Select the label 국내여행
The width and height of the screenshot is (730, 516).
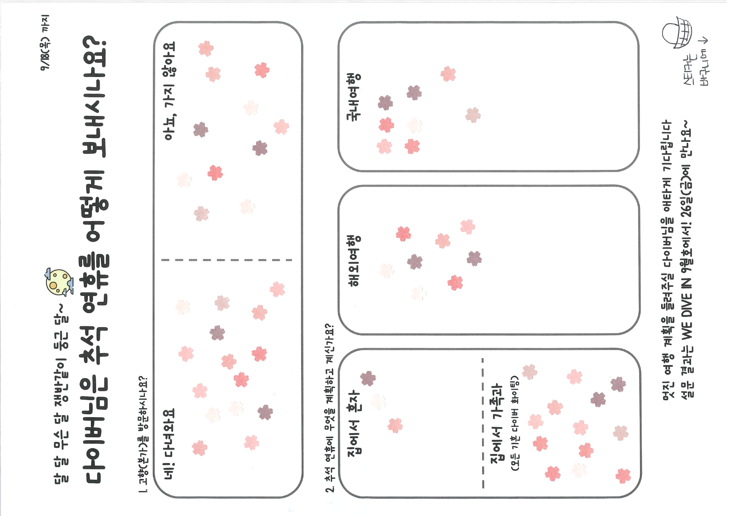(x=354, y=97)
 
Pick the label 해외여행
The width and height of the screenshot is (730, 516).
(x=355, y=261)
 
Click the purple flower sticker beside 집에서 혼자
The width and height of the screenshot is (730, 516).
(x=368, y=378)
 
